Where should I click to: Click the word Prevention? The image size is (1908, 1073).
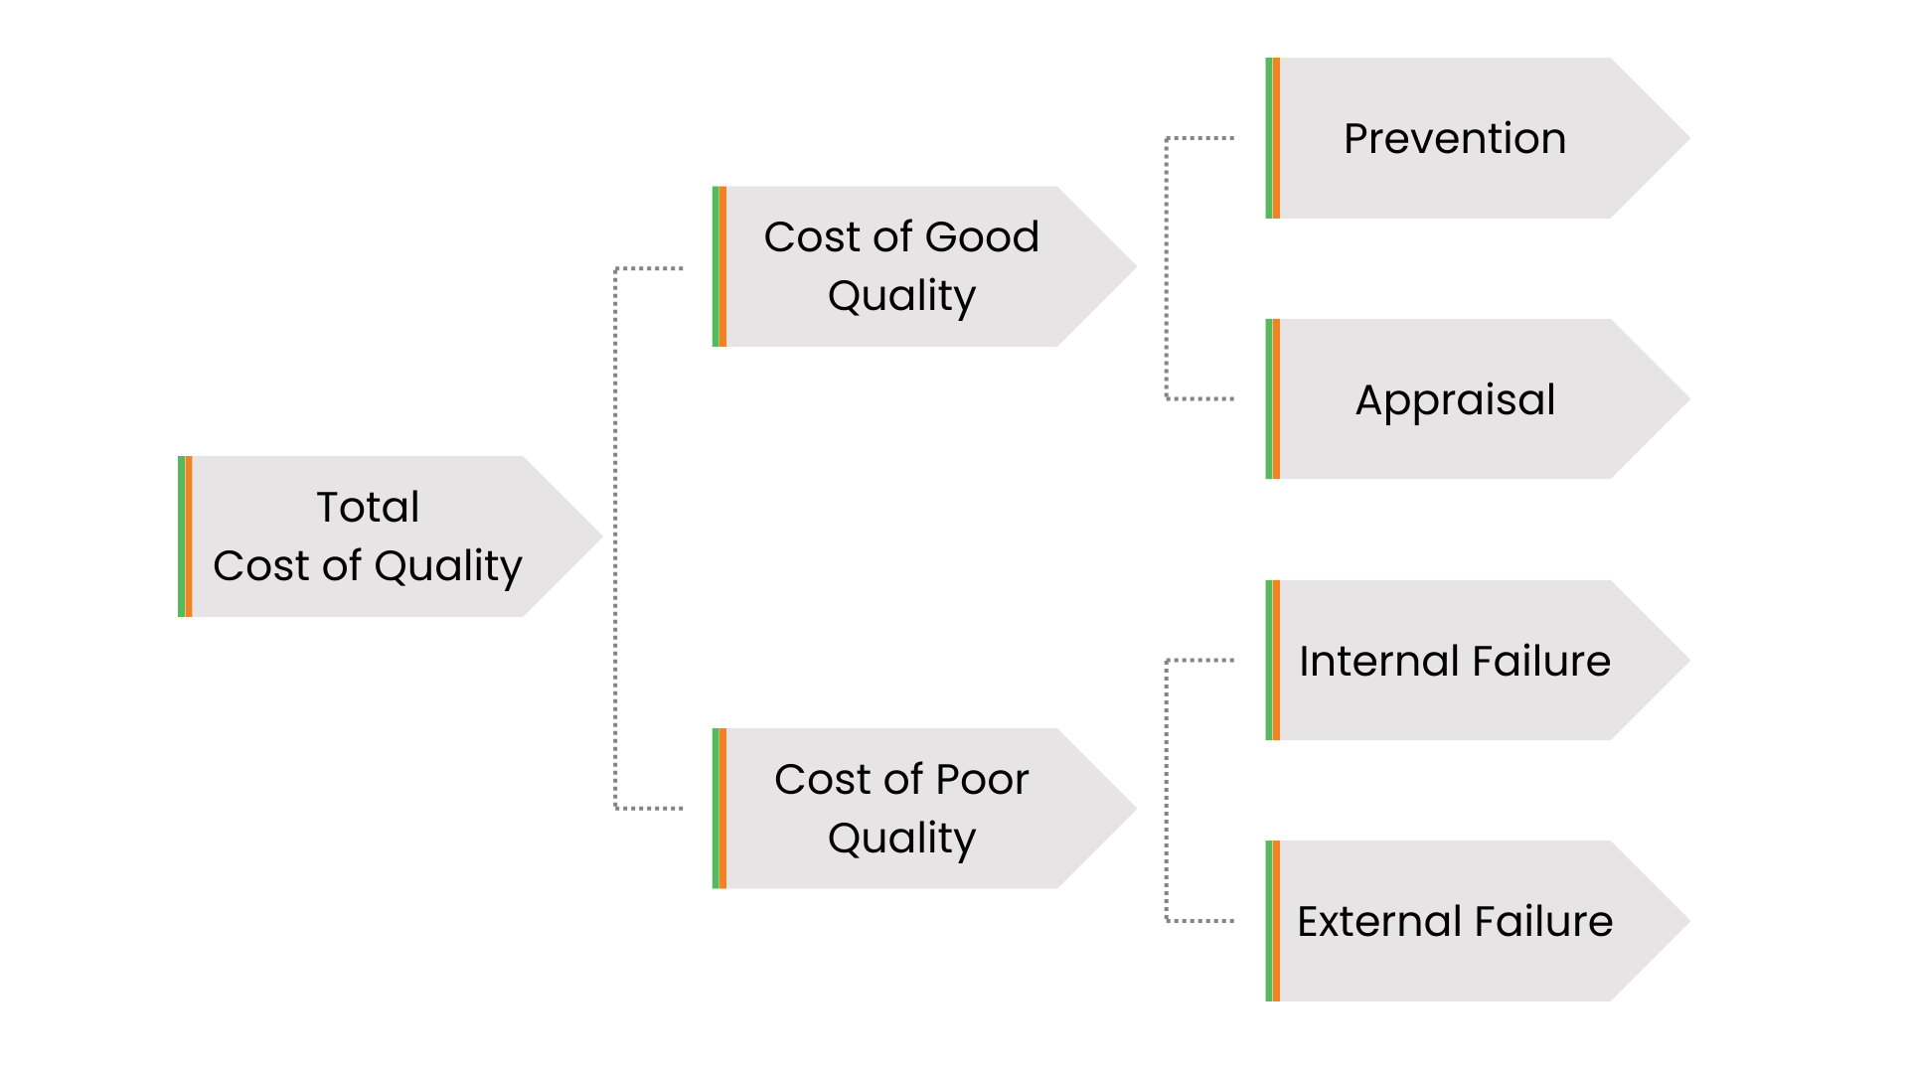coord(1455,139)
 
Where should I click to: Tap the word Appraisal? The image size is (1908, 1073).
coord(1455,400)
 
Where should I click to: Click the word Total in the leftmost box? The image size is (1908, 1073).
coord(368,508)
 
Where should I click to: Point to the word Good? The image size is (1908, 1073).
coord(982,237)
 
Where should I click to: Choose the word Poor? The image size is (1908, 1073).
coord(982,780)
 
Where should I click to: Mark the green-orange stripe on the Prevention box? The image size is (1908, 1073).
coord(1273,138)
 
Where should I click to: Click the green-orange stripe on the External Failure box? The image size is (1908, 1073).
coord(1273,921)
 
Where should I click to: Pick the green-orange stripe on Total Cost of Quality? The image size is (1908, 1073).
coord(185,536)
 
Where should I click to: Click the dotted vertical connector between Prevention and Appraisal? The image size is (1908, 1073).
coord(1167,268)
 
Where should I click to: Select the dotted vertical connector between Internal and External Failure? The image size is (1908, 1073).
coord(1167,791)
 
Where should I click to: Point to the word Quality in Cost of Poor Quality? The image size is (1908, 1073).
coord(901,839)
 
